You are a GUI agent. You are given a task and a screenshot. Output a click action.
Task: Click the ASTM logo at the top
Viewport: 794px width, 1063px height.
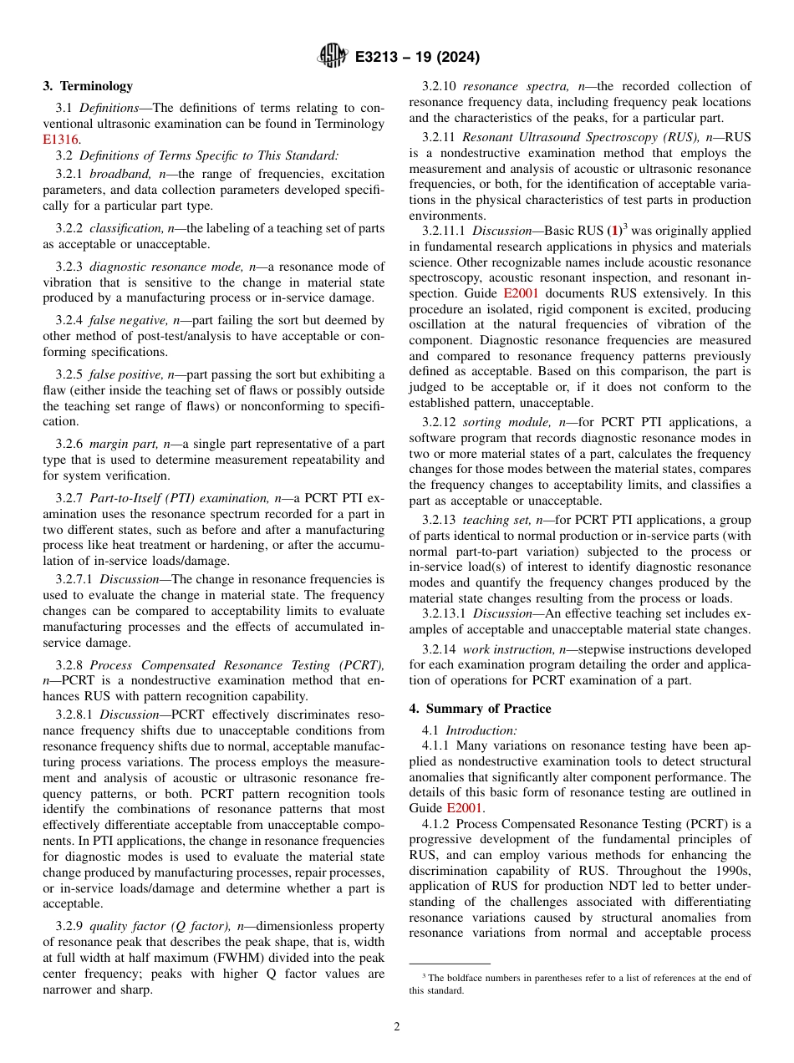point(333,57)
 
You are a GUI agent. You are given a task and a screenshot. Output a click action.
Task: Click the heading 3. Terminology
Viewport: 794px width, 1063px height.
point(88,86)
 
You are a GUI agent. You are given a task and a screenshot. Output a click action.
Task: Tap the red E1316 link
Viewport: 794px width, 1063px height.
point(61,140)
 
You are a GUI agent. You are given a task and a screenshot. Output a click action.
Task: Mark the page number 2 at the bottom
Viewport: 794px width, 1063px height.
point(397,1027)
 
